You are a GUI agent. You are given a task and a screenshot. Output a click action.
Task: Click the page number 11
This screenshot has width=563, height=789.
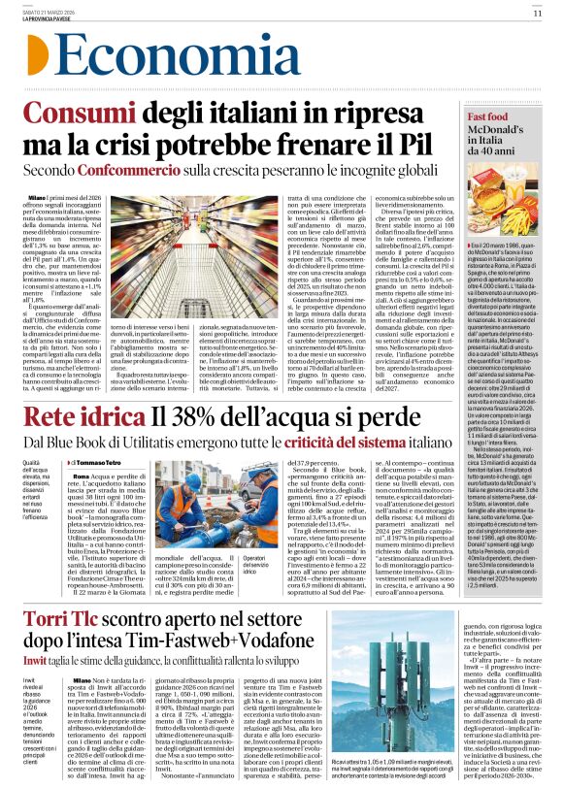537,14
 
